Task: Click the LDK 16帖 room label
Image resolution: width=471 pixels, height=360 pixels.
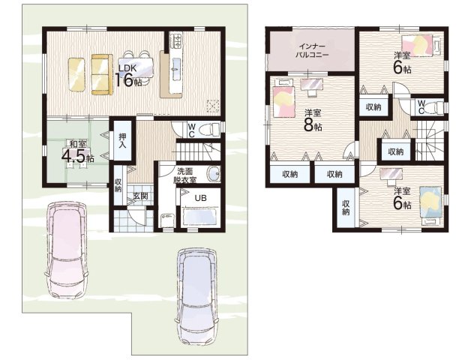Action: click(x=128, y=76)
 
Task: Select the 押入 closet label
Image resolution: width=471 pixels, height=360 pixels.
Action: click(x=122, y=141)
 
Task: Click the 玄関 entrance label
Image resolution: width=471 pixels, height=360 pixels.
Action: click(x=140, y=196)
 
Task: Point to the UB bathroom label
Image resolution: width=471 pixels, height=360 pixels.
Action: click(x=201, y=198)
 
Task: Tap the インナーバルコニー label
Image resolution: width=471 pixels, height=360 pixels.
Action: click(x=312, y=51)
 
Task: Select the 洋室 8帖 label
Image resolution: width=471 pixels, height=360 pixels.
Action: click(x=313, y=121)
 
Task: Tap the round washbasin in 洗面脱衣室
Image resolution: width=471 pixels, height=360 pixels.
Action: click(x=214, y=174)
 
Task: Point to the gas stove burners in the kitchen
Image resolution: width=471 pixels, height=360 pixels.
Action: click(x=175, y=40)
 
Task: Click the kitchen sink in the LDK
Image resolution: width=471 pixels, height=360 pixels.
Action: click(x=175, y=67)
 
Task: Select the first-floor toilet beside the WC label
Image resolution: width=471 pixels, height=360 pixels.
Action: click(x=211, y=130)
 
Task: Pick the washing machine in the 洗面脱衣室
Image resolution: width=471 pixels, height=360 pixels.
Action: click(x=167, y=220)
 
